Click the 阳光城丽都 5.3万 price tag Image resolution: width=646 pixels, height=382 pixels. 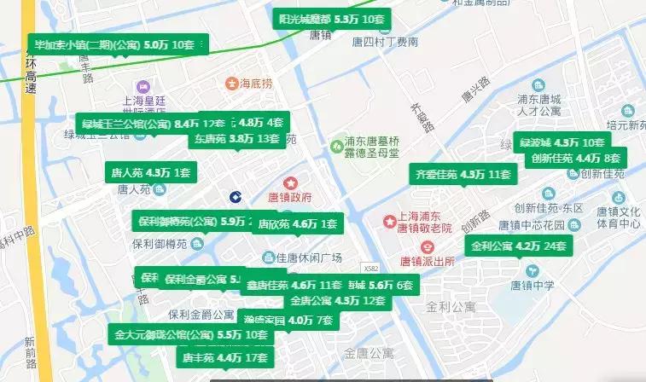pos(331,19)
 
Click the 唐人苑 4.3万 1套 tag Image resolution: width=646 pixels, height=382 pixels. pos(149,172)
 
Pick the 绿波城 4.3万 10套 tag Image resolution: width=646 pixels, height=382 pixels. pos(561,142)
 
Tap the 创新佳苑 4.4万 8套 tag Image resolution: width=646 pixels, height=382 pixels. pos(576,159)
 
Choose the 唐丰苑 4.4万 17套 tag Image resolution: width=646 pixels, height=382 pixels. pos(219,357)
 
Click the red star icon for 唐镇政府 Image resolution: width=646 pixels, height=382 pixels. pos(290,182)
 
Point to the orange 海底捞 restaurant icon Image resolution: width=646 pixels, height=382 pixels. pos(230,84)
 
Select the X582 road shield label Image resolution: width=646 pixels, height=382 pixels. pos(369,268)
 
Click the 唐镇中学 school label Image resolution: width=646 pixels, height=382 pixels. pos(532,285)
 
